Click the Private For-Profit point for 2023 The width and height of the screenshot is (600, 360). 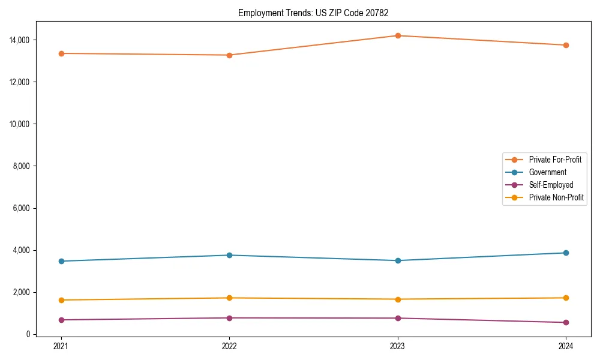[398, 35]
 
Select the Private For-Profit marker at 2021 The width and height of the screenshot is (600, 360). [61, 53]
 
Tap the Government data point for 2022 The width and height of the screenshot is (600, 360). [229, 255]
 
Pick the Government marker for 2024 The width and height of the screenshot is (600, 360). [566, 253]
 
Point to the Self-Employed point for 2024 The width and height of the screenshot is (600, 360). [566, 322]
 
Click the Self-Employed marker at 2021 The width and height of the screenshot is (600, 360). [61, 320]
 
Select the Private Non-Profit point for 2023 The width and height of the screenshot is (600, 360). [398, 299]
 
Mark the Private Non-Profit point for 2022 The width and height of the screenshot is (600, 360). [229, 298]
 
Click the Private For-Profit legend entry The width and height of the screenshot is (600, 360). [555, 160]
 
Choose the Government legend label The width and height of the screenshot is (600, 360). [547, 172]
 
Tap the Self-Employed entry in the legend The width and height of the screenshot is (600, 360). [551, 185]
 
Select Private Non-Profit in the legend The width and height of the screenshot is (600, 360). [556, 197]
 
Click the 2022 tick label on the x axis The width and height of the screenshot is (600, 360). [229, 346]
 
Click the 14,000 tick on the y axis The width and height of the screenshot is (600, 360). [21, 40]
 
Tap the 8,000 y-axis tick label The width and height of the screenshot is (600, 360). [23, 166]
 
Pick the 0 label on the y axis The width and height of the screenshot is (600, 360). [28, 334]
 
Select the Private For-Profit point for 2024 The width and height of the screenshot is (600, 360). [566, 45]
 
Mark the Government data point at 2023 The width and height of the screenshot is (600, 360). [398, 260]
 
